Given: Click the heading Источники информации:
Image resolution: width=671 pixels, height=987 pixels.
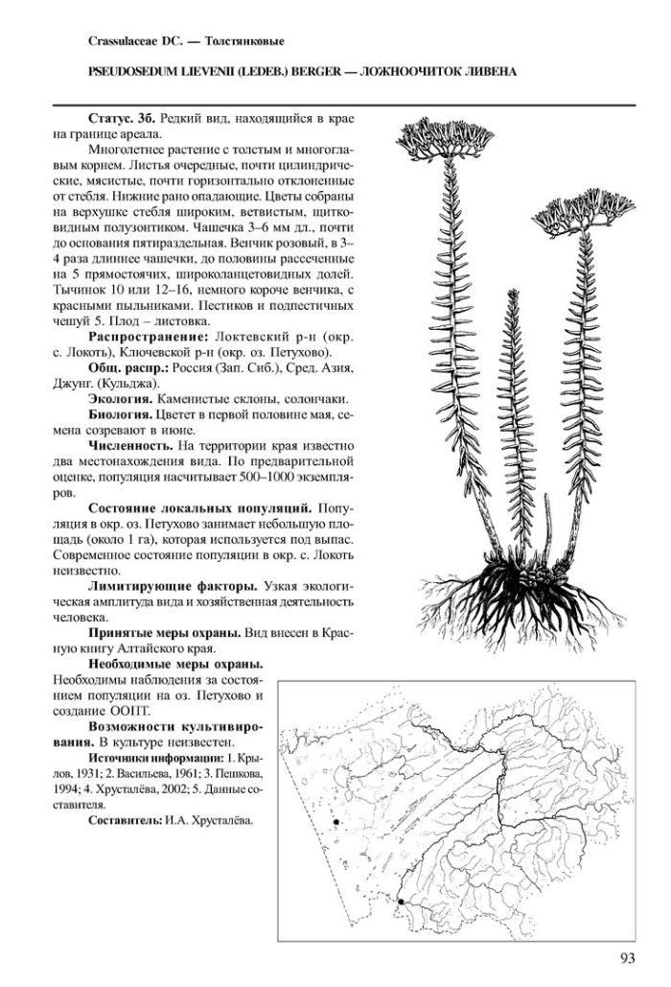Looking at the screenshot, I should pos(150,758).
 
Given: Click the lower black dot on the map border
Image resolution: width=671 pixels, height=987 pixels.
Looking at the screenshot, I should pos(400,902).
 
